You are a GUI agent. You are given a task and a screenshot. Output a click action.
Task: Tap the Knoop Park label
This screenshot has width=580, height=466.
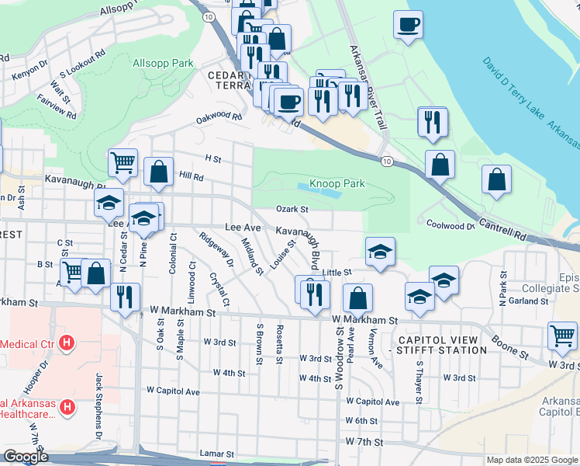337,184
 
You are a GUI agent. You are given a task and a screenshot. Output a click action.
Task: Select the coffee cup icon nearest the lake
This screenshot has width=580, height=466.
408,25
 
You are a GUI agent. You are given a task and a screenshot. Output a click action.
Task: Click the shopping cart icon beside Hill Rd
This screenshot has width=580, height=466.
123,163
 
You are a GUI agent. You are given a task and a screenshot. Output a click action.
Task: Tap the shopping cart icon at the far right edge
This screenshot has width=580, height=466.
562,336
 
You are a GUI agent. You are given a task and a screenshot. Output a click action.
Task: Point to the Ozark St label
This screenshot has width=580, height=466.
292,209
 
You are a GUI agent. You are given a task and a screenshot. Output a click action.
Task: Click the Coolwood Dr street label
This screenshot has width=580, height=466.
450,225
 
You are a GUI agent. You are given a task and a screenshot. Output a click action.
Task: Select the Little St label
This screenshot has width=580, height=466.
338,273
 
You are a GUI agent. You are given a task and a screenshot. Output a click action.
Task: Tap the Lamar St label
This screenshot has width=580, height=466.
217,453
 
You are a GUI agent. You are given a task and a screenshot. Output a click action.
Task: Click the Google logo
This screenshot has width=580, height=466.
26,457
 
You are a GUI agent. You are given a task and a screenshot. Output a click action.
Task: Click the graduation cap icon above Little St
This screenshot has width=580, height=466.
380,252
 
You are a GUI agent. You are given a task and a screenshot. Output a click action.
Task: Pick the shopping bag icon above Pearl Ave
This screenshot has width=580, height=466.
357,298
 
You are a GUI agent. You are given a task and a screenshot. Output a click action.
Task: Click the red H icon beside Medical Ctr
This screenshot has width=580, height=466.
67,342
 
